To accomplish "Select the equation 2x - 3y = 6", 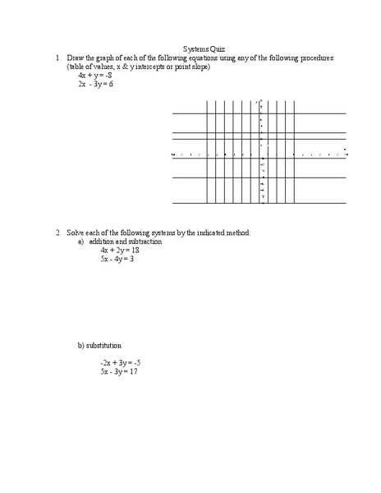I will click(95, 84).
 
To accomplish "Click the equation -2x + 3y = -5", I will click(121, 362).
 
